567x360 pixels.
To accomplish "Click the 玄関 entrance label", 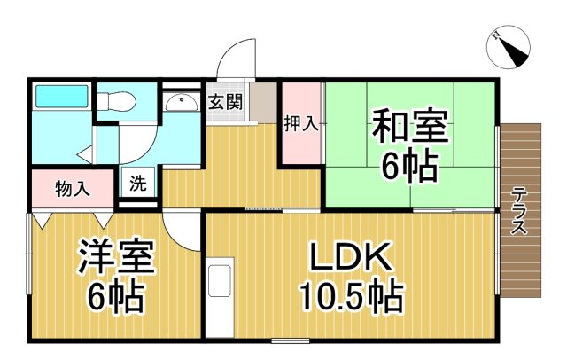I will [x=226, y=102].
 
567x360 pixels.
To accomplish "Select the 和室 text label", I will [x=409, y=125].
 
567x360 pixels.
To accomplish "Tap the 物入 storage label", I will [x=73, y=188].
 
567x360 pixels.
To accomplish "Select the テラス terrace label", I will [x=520, y=210].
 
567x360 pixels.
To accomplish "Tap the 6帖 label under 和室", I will [x=409, y=165].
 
